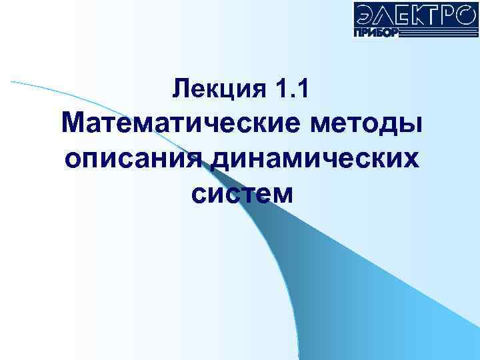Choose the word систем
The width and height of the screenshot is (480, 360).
pyautogui.click(x=241, y=194)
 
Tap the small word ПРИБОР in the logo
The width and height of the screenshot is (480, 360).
pyautogui.click(x=377, y=32)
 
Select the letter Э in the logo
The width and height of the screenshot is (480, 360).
pyautogui.click(x=365, y=14)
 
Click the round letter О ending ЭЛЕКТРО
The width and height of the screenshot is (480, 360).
pyautogui.click(x=465, y=14)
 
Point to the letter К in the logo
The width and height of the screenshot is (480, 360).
pyautogui.click(x=417, y=14)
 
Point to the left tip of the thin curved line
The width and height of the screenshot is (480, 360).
pyautogui.click(x=11, y=81)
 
